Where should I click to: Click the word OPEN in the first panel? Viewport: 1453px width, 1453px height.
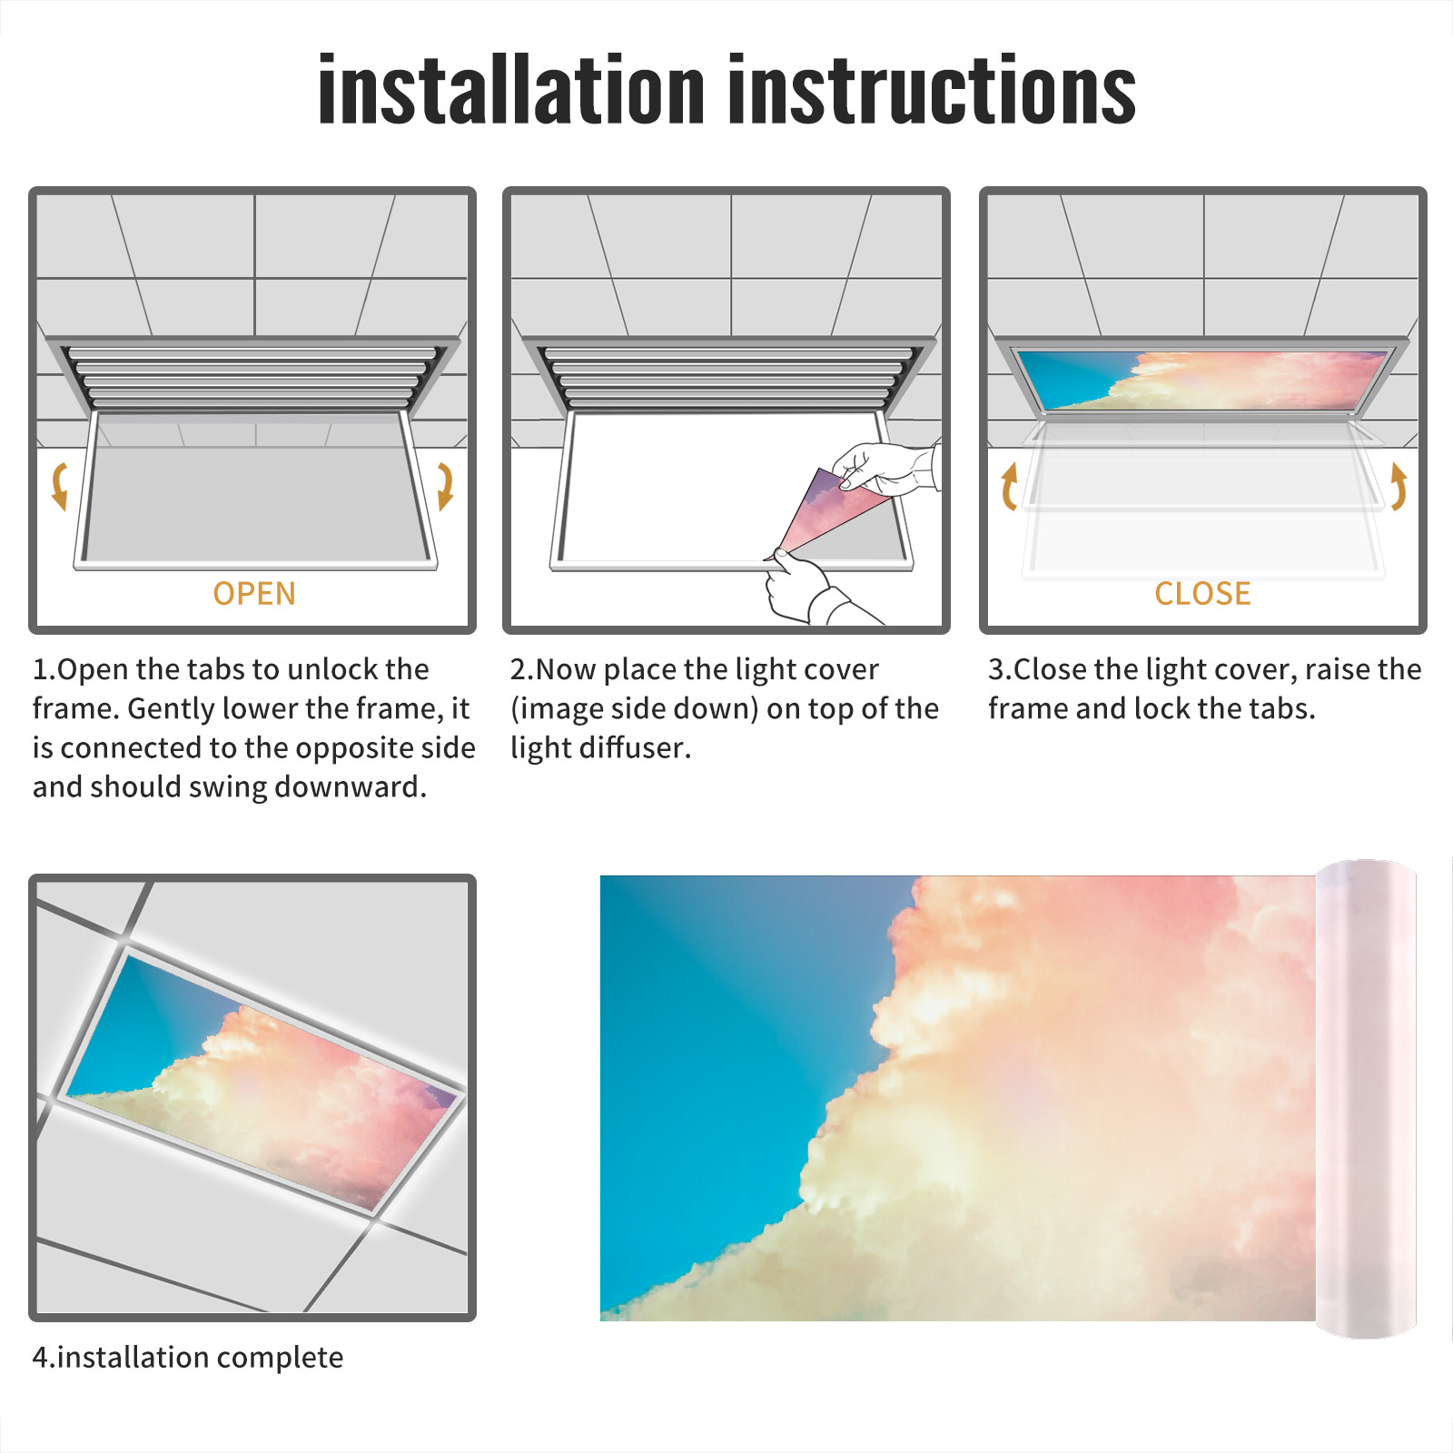tap(254, 593)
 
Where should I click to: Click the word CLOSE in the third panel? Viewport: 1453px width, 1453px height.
tap(1202, 593)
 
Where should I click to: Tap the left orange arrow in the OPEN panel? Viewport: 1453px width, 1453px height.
tap(59, 486)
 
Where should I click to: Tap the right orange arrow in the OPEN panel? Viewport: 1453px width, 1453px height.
tap(445, 486)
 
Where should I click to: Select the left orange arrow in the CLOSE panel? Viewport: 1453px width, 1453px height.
tap(1008, 486)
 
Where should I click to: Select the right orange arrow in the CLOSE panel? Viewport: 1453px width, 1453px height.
tap(1399, 486)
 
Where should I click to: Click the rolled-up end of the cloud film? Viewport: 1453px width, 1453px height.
tap(1366, 1099)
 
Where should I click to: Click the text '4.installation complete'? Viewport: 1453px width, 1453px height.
tap(188, 1358)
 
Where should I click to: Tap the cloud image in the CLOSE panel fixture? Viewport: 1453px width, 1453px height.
tap(1202, 380)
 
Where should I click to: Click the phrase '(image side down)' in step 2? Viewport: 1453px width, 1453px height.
tap(635, 708)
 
